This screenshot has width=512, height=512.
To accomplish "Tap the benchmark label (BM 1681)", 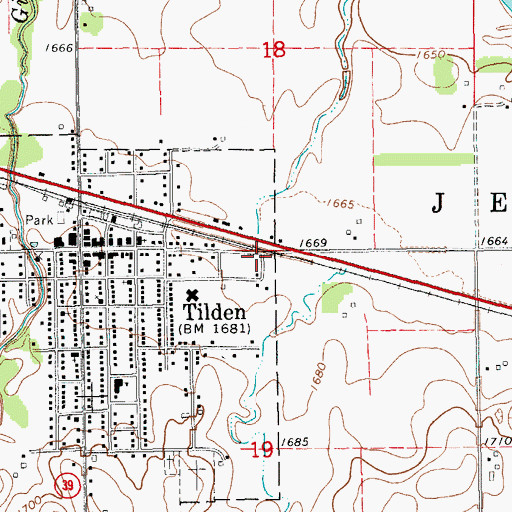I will [214, 328].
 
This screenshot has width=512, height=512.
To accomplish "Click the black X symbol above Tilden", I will [193, 294].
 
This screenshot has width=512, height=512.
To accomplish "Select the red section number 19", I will [261, 451].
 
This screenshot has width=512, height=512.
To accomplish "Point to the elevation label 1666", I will [60, 48].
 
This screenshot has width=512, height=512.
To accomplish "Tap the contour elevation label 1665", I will [340, 204].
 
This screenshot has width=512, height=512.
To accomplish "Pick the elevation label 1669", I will [314, 243].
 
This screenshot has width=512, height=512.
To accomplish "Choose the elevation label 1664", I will [493, 242].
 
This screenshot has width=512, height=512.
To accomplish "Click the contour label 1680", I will [316, 379].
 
